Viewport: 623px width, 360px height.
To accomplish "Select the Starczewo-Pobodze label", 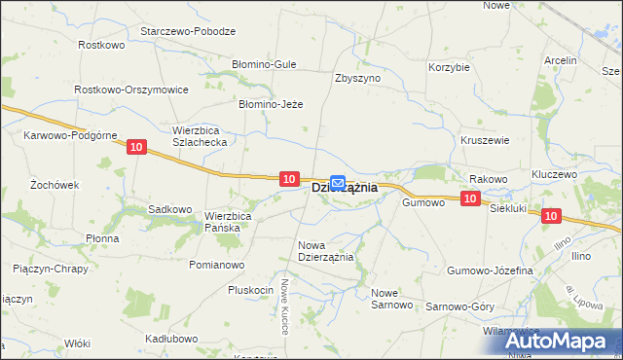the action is pos(188,31).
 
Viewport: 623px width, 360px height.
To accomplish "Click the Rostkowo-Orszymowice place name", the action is pos(131,89).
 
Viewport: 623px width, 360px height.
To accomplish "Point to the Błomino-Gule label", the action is pos(264,64).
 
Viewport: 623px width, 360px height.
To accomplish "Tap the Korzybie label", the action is pos(450,68).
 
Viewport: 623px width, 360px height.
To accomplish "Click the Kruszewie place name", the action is pos(485,140).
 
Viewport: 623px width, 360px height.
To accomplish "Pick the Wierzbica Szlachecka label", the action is pos(200,135).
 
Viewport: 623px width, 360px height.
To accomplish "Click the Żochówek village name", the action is pos(54,183).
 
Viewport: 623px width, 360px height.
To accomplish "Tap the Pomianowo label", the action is pos(216,265).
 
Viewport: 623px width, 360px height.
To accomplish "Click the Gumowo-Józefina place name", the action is pos(490,270).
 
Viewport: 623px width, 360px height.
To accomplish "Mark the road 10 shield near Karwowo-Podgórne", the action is pos(136,147).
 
